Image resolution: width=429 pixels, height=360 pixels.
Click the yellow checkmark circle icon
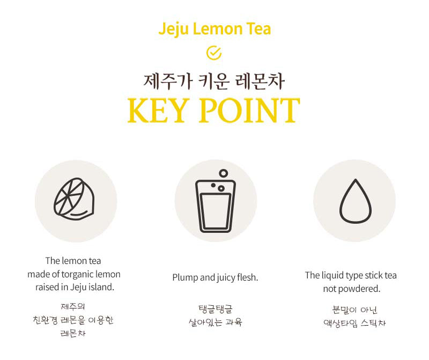[213, 53]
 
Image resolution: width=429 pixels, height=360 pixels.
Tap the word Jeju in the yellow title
[173, 30]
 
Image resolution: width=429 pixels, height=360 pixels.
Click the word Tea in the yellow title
[258, 29]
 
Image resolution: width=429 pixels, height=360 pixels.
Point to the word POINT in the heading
[249, 111]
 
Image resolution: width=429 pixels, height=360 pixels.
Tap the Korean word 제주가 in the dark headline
[168, 82]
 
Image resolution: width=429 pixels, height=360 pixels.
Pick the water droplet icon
[356, 201]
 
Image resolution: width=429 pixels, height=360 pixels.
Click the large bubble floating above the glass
[223, 173]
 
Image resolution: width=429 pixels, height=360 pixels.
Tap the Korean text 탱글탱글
[216, 309]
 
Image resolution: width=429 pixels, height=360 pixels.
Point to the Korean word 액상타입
[341, 324]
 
